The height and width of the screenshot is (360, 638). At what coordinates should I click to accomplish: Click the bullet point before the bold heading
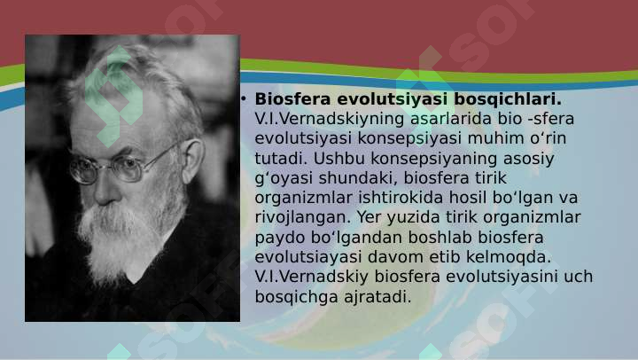click(x=244, y=98)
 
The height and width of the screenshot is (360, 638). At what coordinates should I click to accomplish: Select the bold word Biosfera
click(x=292, y=99)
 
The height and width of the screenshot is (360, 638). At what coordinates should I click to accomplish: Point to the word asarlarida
click(x=451, y=119)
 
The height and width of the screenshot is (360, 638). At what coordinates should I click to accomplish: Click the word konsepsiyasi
click(x=409, y=138)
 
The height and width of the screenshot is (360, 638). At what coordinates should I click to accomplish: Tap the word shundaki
click(x=358, y=178)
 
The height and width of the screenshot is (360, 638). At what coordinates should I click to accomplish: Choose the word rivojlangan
click(x=303, y=217)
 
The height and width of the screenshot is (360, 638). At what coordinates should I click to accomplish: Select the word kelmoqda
click(x=509, y=257)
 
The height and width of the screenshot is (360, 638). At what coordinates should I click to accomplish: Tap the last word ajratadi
click(x=377, y=296)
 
